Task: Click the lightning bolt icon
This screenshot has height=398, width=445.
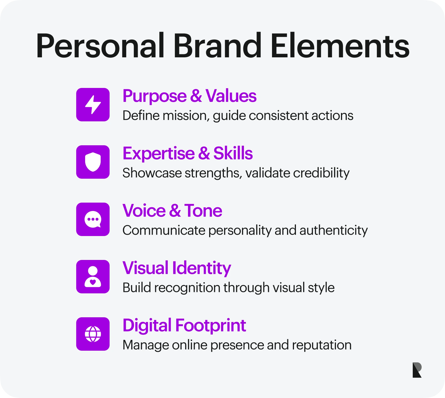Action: pyautogui.click(x=93, y=105)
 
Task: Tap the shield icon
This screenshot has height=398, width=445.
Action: pyautogui.click(x=93, y=162)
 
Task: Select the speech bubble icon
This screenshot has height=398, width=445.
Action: pyautogui.click(x=93, y=219)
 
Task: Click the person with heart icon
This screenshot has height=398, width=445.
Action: pyautogui.click(x=93, y=277)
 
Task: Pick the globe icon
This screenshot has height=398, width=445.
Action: pyautogui.click(x=93, y=334)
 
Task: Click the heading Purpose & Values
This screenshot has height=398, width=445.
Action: pyautogui.click(x=189, y=96)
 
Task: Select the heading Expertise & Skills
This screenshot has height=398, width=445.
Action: pyautogui.click(x=188, y=154)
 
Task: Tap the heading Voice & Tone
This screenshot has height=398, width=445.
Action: pyautogui.click(x=172, y=211)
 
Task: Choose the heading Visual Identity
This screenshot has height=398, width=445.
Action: pyautogui.click(x=177, y=268)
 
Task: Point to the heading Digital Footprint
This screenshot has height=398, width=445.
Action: pyautogui.click(x=184, y=326)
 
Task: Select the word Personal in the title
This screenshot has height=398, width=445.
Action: pyautogui.click(x=100, y=46)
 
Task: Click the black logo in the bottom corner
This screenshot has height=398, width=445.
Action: pyautogui.click(x=417, y=370)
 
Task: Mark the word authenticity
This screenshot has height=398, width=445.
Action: pyautogui.click(x=333, y=230)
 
